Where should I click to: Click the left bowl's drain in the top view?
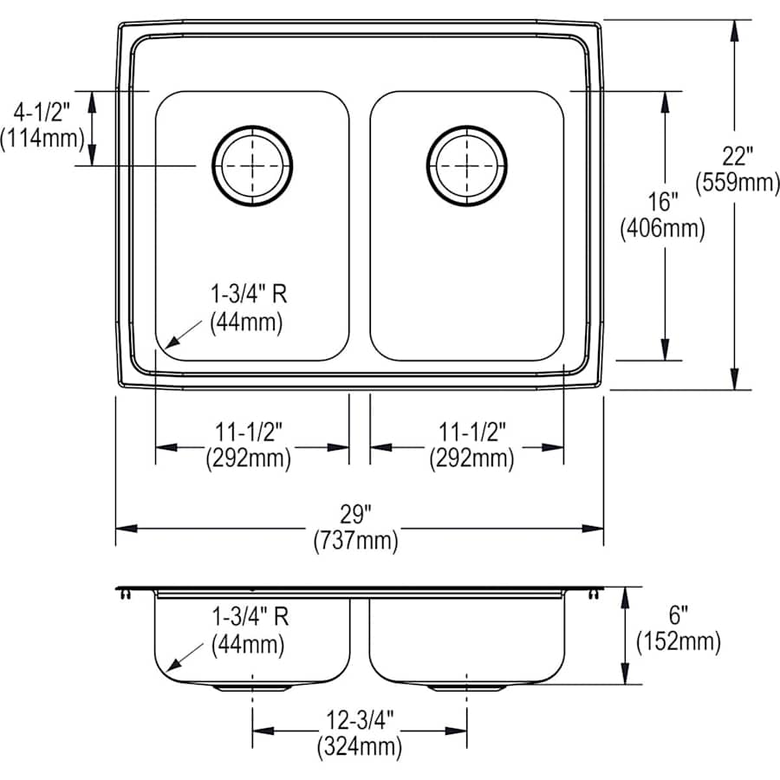click(x=252, y=166)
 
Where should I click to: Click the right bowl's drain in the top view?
click(x=467, y=166)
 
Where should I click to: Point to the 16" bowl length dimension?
click(x=663, y=203)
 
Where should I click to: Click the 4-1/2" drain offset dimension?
click(x=42, y=112)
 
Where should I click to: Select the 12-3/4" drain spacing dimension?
click(x=360, y=718)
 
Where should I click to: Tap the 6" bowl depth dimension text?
click(x=678, y=616)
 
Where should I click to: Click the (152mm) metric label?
click(x=678, y=641)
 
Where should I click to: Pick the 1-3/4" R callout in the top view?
click(x=249, y=295)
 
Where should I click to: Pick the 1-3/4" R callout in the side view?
click(x=249, y=617)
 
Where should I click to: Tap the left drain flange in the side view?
click(x=252, y=686)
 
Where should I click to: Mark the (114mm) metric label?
click(x=42, y=137)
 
